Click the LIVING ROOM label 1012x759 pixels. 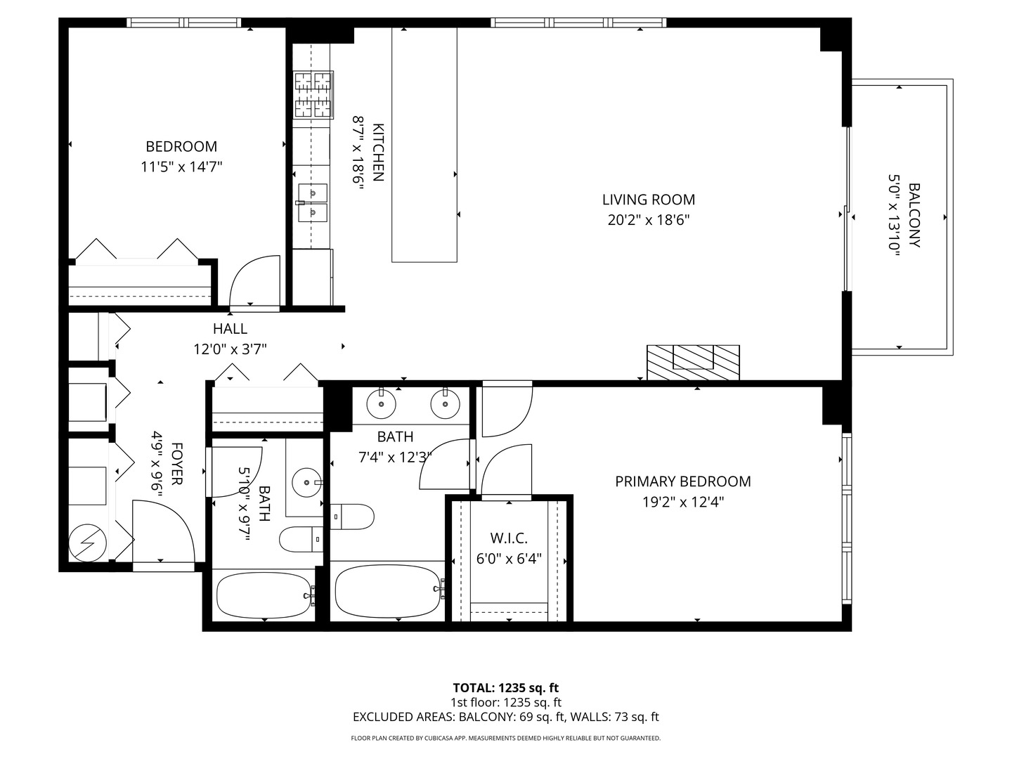tap(648, 200)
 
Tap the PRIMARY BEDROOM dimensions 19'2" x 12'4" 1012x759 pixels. tap(682, 502)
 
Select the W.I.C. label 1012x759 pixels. tap(508, 538)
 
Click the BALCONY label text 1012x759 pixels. tap(914, 215)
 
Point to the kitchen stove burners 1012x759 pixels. tap(313, 94)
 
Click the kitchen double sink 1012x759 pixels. tap(311, 202)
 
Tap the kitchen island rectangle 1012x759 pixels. tap(424, 144)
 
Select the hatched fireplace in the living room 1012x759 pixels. tap(693, 362)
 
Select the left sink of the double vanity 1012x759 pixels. tap(381, 403)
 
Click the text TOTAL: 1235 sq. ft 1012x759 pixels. tap(505, 687)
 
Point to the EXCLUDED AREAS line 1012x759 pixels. tap(505, 717)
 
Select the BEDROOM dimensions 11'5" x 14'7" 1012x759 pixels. tap(181, 167)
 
